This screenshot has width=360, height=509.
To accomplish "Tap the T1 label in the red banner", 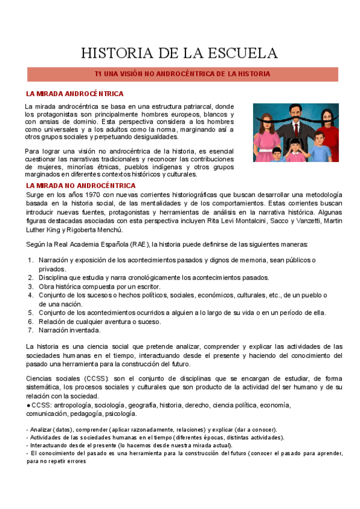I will pyautogui.click(x=100, y=74).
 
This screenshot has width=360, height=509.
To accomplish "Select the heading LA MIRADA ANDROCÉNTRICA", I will pyautogui.click(x=74, y=94).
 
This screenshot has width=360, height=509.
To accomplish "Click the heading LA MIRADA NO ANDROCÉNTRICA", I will pyautogui.click(x=81, y=186).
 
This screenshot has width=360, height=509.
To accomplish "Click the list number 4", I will pyautogui.click(x=31, y=295).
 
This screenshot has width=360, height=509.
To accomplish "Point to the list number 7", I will pyautogui.click(x=31, y=330).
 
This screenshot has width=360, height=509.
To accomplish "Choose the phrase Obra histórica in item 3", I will pyautogui.click(x=61, y=286).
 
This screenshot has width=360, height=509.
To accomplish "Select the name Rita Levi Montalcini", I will pyautogui.click(x=235, y=221).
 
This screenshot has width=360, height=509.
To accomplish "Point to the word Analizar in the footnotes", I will pyautogui.click(x=40, y=430).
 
